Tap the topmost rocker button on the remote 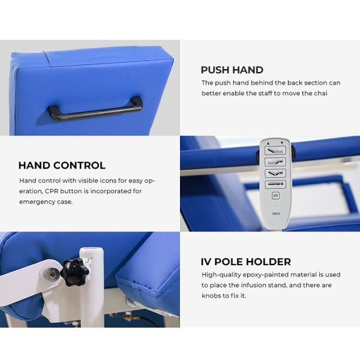pos(275,151)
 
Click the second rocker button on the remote pos(275,162)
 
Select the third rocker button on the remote pos(275,173)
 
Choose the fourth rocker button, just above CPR pos(275,184)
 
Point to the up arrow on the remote pos(268,143)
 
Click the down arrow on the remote pos(282,143)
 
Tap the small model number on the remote pos(276,214)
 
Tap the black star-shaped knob pos(74,272)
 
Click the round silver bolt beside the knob pos(52,274)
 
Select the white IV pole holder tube pos(92,287)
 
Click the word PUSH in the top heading pos(215,70)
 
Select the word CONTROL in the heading pos(79,166)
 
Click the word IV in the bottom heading pos(206,262)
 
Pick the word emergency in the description pos(37,202)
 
